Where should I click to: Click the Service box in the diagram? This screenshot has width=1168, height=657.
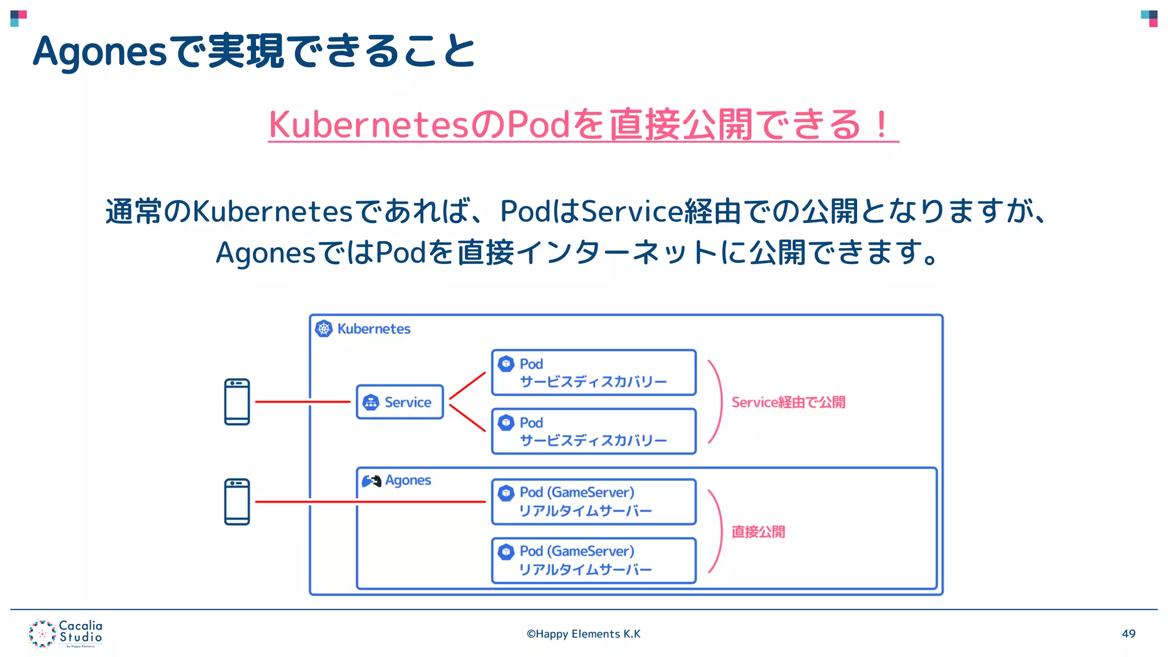tap(399, 402)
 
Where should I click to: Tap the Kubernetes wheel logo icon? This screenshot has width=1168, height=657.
tap(324, 328)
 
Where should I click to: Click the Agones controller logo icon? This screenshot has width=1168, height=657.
tap(371, 481)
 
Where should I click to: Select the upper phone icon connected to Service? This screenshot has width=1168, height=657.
tap(237, 402)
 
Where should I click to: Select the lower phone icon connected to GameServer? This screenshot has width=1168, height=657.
tap(237, 502)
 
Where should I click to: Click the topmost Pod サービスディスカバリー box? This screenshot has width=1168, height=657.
tap(593, 372)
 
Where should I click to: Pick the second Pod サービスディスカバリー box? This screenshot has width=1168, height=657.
tap(593, 431)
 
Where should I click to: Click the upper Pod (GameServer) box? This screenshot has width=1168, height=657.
tap(593, 502)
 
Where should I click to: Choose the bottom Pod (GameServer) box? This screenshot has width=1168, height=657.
tap(593, 561)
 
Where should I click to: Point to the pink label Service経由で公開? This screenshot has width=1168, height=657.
tap(788, 403)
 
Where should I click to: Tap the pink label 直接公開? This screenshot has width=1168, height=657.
tap(758, 532)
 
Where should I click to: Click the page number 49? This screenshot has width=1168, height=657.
tap(1128, 634)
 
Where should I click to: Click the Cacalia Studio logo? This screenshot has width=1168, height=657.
tap(66, 634)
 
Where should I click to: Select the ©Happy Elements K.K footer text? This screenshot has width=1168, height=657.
tap(583, 634)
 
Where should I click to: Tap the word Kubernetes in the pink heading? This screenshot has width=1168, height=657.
tap(368, 124)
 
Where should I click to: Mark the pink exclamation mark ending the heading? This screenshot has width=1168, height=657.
tap(881, 124)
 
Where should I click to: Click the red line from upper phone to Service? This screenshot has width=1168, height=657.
tap(302, 402)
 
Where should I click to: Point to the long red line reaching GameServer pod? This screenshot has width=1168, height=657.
tap(371, 502)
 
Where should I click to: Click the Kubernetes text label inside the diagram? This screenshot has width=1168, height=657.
tap(374, 329)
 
